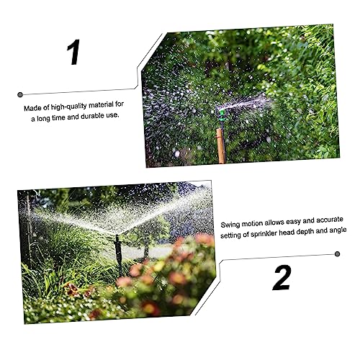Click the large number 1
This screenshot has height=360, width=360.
click(73, 52)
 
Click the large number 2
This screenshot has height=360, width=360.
click(282, 278)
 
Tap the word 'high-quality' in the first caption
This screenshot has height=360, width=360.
click(68, 107)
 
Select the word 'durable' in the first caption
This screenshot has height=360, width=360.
click(92, 116)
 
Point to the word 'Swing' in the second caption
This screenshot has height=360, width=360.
click(230, 225)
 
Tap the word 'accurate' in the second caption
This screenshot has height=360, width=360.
click(330, 220)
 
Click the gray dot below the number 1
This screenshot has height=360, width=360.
click(20, 94)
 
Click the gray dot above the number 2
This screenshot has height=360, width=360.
click(337, 254)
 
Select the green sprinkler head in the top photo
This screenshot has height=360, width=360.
click(221, 114)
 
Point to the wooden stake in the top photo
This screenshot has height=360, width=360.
click(221, 146)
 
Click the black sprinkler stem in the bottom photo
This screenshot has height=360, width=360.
click(118, 254)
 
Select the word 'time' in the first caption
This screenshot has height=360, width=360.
click(58, 118)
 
